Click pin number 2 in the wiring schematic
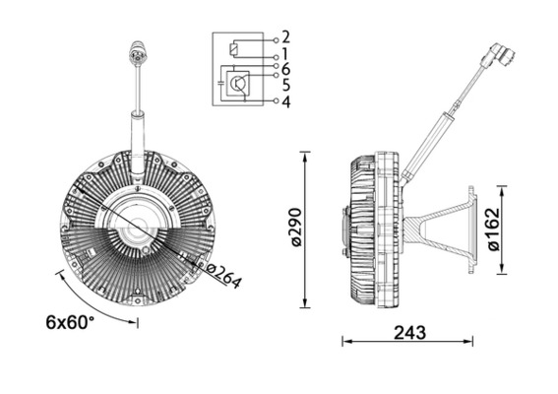coord(285,36)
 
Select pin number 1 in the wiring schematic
coord(285,52)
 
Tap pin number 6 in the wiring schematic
coord(285,69)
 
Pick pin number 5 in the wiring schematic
coord(285,85)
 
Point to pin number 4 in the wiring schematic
coord(285,100)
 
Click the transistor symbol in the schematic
coord(239,85)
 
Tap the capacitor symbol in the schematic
coord(220,87)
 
